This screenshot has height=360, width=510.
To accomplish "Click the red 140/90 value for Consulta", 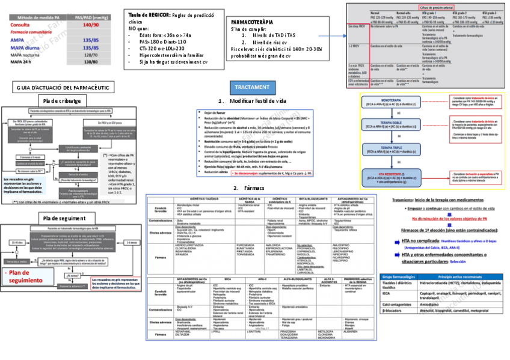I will pos(91,25).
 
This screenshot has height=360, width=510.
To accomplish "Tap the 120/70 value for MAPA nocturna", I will pos(91,54).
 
